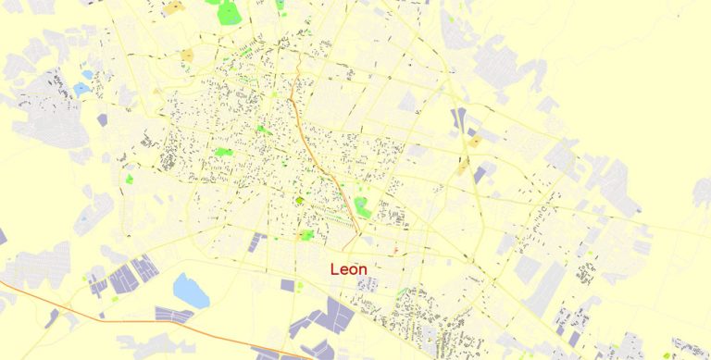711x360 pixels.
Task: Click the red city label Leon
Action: pos(348,269)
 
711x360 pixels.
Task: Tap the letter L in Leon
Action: pos(334,269)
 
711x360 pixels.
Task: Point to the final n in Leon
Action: pos(362,270)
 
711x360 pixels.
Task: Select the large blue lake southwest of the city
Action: pos(191,290)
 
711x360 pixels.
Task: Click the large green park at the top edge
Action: pos(229,13)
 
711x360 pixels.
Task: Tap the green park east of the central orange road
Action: pos(362,207)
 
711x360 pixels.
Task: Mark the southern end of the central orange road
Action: pos(357,231)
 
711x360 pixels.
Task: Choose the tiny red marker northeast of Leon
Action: pos(395,249)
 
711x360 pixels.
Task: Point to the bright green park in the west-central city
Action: pos(223,152)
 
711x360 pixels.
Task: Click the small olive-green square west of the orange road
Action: pos(299,200)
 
